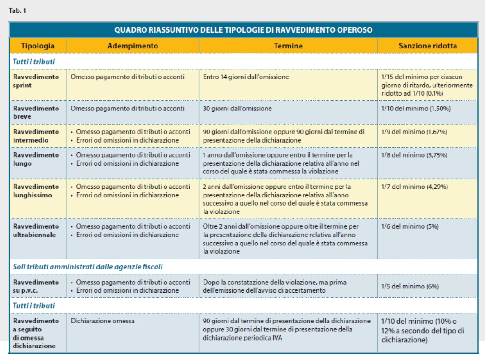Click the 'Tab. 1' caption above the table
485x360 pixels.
(x=17, y=10)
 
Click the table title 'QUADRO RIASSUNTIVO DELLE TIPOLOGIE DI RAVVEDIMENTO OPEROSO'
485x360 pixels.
(x=243, y=30)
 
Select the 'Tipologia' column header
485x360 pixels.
(x=38, y=46)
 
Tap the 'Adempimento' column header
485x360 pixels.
(x=133, y=46)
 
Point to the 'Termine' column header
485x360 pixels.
(x=288, y=46)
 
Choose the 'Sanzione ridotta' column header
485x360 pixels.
(x=428, y=46)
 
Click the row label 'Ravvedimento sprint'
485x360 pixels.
(x=36, y=81)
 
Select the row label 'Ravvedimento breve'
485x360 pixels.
(x=36, y=112)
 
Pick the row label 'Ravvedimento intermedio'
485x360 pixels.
(x=36, y=136)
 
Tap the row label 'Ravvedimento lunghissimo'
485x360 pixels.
(x=36, y=191)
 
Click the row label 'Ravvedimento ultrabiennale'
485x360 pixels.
(x=36, y=230)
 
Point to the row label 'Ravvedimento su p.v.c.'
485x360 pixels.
(x=36, y=286)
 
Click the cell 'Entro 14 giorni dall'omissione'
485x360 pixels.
(x=246, y=77)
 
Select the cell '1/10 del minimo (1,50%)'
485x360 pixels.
(x=416, y=109)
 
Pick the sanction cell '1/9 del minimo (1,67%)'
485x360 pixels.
(x=414, y=132)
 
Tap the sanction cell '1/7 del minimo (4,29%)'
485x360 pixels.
(x=414, y=187)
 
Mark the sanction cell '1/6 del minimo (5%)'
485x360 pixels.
(x=410, y=226)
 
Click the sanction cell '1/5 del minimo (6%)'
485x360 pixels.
(x=410, y=286)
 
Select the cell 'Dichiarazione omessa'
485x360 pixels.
(x=103, y=321)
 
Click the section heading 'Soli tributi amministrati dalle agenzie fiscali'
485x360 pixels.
(x=87, y=267)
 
